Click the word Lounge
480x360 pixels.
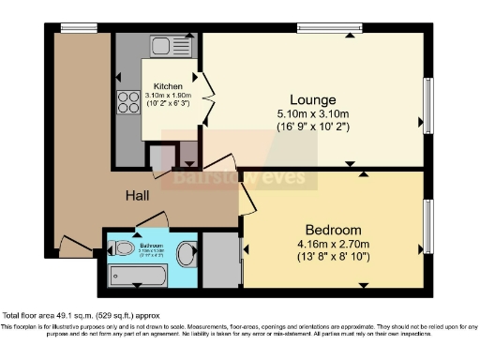[x=312, y=99]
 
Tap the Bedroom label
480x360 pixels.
[x=333, y=230]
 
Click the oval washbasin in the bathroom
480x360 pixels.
[x=187, y=252]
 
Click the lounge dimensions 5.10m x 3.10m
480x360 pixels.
[x=312, y=115]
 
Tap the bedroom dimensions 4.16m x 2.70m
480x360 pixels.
[x=333, y=245]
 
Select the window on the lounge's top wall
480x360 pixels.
[x=329, y=28]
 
